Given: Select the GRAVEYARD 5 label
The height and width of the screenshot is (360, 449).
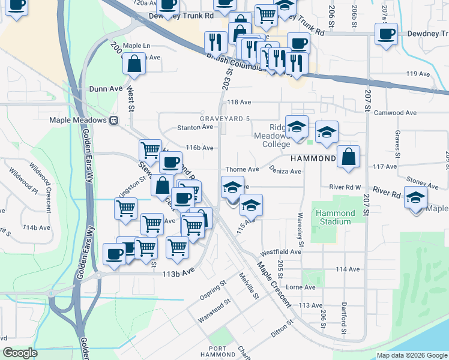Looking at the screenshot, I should (225, 119).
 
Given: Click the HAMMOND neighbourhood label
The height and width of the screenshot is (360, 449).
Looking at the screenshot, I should (313, 158).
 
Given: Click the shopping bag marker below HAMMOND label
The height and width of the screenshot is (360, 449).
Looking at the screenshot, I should (348, 158).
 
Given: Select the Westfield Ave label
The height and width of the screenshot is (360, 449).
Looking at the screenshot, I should (280, 252).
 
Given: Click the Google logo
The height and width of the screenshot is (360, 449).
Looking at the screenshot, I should (20, 353).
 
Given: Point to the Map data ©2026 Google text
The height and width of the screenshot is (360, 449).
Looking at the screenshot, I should (411, 355).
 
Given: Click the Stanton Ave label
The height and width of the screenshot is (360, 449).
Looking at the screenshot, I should (195, 127).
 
